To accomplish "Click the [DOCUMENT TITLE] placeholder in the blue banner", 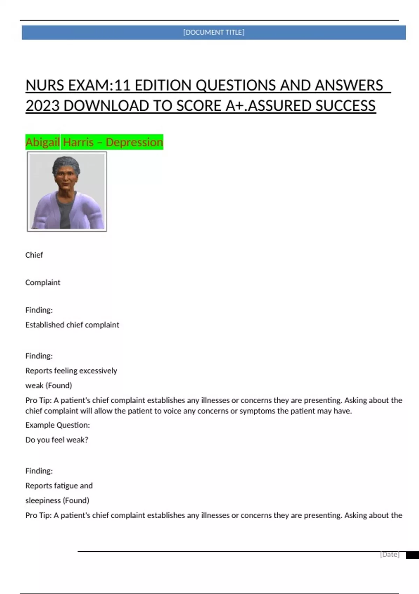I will tap(214, 32).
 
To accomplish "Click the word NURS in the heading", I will tap(44, 86).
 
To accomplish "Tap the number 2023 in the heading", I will tap(43, 106).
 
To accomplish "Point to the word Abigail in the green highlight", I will tap(43, 142).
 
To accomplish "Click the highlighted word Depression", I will tap(134, 142).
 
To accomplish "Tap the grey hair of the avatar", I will tap(66, 165).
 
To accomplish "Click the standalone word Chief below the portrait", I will tap(34, 255).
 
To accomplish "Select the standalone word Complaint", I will tap(43, 283).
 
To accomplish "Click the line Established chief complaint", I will tap(72, 325).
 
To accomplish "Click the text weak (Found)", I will tap(49, 385).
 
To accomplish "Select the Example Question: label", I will tap(58, 425).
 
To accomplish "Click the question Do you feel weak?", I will tap(57, 440).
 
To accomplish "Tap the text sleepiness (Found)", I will tap(57, 500).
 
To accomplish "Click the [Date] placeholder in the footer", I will tap(390, 555).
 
